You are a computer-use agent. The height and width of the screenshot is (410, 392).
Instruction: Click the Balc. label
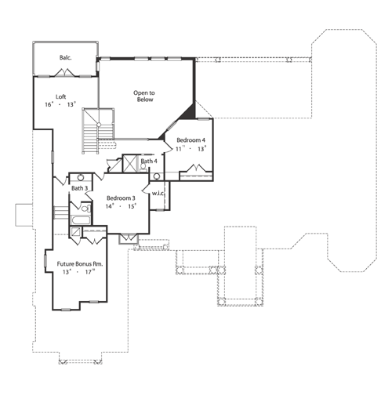point(65,57)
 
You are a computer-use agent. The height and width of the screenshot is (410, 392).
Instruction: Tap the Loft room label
point(60,96)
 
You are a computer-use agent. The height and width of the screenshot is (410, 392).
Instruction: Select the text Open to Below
point(144,96)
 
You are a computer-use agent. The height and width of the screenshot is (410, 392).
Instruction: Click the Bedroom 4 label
point(191,140)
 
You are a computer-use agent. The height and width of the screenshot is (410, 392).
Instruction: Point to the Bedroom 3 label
point(121,198)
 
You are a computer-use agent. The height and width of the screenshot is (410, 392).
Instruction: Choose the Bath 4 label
point(149,161)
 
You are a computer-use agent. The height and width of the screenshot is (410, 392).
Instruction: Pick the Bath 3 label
point(79,188)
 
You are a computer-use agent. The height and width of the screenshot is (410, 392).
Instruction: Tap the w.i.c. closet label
point(158,194)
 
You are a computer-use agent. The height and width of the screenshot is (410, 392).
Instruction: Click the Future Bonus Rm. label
point(80,264)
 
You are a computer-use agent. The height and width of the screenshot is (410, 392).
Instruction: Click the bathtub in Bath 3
point(81,220)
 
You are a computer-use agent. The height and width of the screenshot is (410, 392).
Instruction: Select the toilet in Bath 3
point(85,209)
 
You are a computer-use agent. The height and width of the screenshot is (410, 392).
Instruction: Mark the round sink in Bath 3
point(81,178)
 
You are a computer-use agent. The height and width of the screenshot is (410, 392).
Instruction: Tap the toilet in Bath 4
point(143,168)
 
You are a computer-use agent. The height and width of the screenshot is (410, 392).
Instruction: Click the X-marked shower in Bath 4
point(130,164)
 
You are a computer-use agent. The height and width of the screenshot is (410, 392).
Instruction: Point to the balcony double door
point(64,73)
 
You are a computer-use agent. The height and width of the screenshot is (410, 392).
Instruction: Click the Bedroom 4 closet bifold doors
point(196,168)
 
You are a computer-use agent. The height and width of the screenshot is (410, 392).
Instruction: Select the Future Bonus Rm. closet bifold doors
point(94,241)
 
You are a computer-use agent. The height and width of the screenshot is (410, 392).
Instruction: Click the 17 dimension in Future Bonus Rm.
point(89,272)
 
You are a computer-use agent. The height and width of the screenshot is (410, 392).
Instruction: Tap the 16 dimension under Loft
point(49,104)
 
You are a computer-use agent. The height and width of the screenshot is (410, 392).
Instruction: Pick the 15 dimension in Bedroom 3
point(132,206)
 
